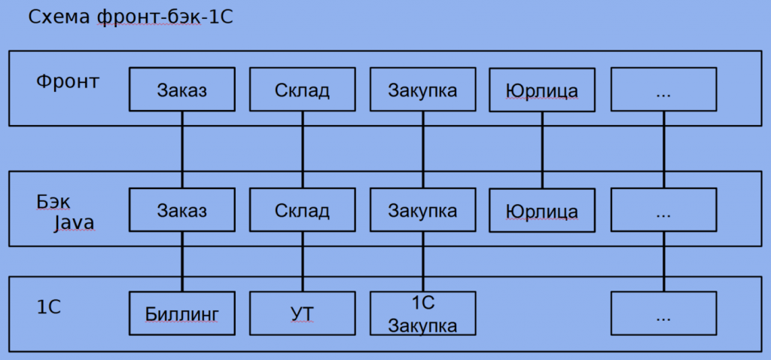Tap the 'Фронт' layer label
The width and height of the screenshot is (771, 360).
(x=68, y=81)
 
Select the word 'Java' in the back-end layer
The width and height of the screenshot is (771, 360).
(x=73, y=222)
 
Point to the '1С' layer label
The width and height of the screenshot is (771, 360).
(x=48, y=307)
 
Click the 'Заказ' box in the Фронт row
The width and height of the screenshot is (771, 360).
(x=182, y=90)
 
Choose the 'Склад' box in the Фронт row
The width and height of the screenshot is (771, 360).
(x=302, y=90)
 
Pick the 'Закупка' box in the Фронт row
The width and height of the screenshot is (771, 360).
(x=422, y=90)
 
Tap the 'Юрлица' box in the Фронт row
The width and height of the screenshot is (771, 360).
(x=542, y=90)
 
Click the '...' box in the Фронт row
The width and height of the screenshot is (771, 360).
(x=663, y=90)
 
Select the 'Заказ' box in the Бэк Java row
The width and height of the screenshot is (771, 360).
(x=182, y=209)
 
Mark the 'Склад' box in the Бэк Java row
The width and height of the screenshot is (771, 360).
(x=302, y=209)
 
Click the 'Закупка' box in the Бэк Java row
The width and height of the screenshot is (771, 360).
(x=422, y=209)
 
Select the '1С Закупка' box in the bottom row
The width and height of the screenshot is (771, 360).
(x=422, y=313)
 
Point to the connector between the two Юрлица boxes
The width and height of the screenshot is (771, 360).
(x=542, y=150)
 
